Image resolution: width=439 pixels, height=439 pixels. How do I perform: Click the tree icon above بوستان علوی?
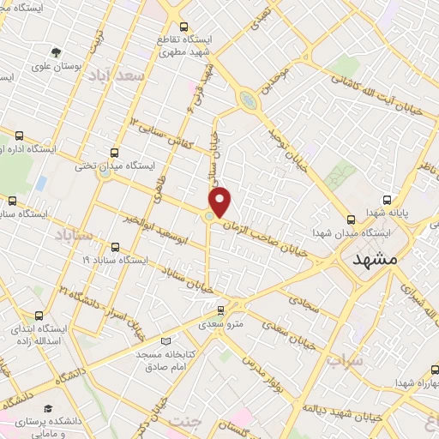click(x=57, y=52)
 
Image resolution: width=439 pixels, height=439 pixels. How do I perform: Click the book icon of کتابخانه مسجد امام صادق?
click(x=165, y=341)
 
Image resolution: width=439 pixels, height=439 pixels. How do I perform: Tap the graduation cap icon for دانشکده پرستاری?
click(x=50, y=386)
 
